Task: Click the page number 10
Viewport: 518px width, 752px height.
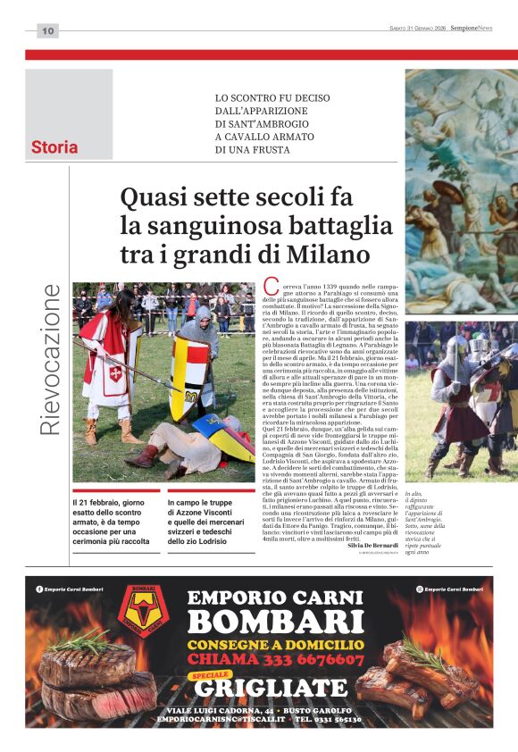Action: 47,31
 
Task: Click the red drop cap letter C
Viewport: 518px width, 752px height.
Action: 272,287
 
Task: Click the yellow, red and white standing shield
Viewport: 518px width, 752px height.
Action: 189,376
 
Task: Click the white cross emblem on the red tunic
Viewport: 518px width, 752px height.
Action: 114,373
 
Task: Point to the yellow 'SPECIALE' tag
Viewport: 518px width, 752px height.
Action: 212,675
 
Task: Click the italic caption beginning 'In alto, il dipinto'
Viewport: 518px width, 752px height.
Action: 428,522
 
